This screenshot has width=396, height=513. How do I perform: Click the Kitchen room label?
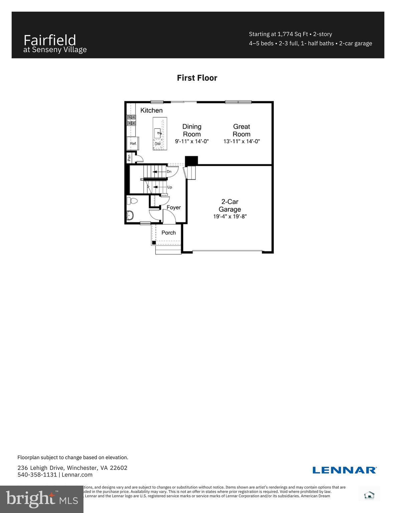coord(151,110)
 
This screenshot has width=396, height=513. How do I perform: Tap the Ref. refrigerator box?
coord(133,144)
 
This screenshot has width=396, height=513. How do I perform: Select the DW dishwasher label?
coord(158,144)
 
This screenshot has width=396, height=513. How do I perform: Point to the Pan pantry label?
coord(129,158)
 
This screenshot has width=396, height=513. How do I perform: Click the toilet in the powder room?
coord(133,201)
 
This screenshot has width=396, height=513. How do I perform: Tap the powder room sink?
coord(130,215)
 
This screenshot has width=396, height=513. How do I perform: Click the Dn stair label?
coord(169,172)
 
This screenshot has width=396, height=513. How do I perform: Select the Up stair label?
coord(170,187)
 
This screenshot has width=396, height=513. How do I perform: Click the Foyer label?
coord(174,207)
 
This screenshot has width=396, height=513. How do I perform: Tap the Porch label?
coord(168,233)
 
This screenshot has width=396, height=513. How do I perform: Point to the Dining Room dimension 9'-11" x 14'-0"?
coord(192,141)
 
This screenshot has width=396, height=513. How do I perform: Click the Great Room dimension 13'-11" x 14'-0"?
coord(241,141)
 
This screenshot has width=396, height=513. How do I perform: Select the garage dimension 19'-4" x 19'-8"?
coord(230,217)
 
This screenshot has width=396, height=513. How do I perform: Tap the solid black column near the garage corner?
coord(191,160)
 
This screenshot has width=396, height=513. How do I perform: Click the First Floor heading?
coord(197,78)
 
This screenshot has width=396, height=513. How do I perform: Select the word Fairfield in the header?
coord(50,40)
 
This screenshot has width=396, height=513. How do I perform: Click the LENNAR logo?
coord(344,470)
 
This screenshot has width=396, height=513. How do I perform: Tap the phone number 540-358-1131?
coord(37,475)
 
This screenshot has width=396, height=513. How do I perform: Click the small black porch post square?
coord(154,242)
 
